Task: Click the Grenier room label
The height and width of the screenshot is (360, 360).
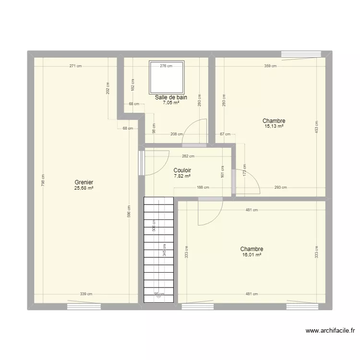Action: pos(84,182)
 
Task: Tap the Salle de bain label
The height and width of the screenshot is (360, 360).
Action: pos(171,97)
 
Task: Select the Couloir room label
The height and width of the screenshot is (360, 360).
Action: pos(182,170)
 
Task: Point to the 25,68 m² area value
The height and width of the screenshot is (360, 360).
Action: pos(84,188)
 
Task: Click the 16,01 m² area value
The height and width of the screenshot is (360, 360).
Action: pos(252,255)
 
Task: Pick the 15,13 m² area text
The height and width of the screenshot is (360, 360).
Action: pos(274,126)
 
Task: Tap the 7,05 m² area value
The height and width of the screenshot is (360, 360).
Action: pos(171,103)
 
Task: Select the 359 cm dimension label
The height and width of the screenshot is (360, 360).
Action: pos(270,66)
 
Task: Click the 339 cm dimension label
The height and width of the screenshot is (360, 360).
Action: pos(86,294)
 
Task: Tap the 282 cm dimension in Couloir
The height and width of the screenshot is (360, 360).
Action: pos(188,156)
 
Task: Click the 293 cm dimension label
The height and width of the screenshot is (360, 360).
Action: pos(281,188)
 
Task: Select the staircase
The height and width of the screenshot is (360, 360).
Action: pos(158,250)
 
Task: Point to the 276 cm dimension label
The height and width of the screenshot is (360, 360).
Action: pos(166,66)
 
